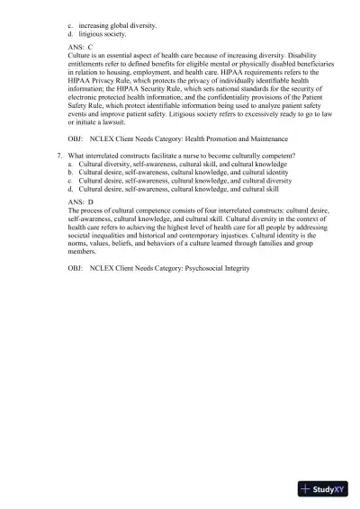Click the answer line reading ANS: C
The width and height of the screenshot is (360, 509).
[x=80, y=46]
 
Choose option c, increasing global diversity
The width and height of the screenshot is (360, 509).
[x=117, y=25]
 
